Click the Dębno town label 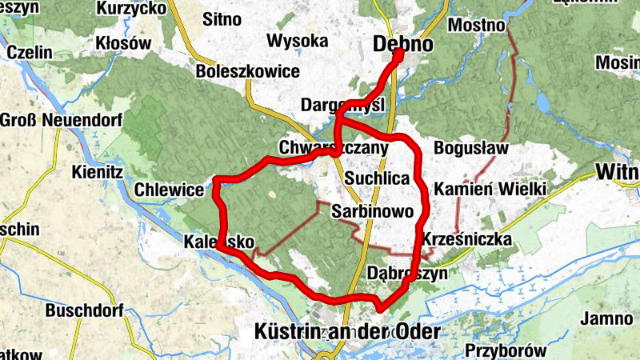coord(403,45)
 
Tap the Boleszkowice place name coord(247,72)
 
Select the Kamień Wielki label coord(490,189)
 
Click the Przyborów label coord(506,350)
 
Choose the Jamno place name coord(607,318)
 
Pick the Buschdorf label coord(83,310)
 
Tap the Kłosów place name coord(122,43)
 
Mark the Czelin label coord(30,52)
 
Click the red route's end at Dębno coord(399,54)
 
